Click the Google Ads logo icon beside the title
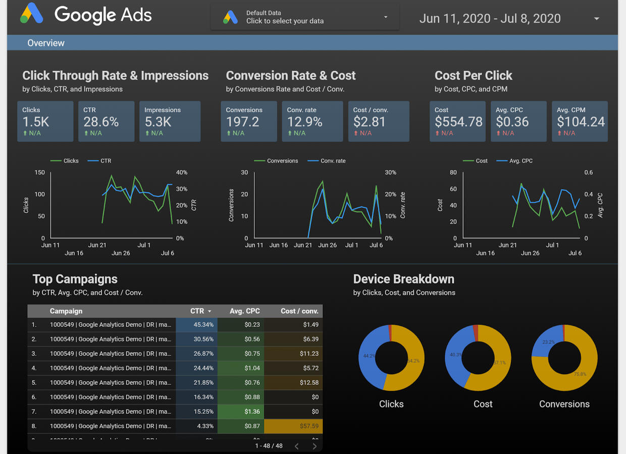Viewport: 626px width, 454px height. tap(31, 15)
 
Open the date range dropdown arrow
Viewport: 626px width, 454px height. tap(597, 19)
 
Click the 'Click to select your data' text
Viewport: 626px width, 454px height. tap(285, 21)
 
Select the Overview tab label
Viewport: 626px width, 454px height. tap(46, 43)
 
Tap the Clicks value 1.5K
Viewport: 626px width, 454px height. tap(35, 122)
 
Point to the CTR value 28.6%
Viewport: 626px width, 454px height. tap(101, 122)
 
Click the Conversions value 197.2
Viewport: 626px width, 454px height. tap(243, 122)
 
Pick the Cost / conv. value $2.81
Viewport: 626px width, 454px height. tap(369, 122)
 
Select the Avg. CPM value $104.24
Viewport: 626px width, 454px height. tap(581, 122)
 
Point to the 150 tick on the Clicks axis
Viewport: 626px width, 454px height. tap(39, 173)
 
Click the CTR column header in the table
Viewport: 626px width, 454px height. tap(197, 311)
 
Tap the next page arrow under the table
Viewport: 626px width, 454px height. tap(315, 446)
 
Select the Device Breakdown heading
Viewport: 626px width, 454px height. tap(403, 279)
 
